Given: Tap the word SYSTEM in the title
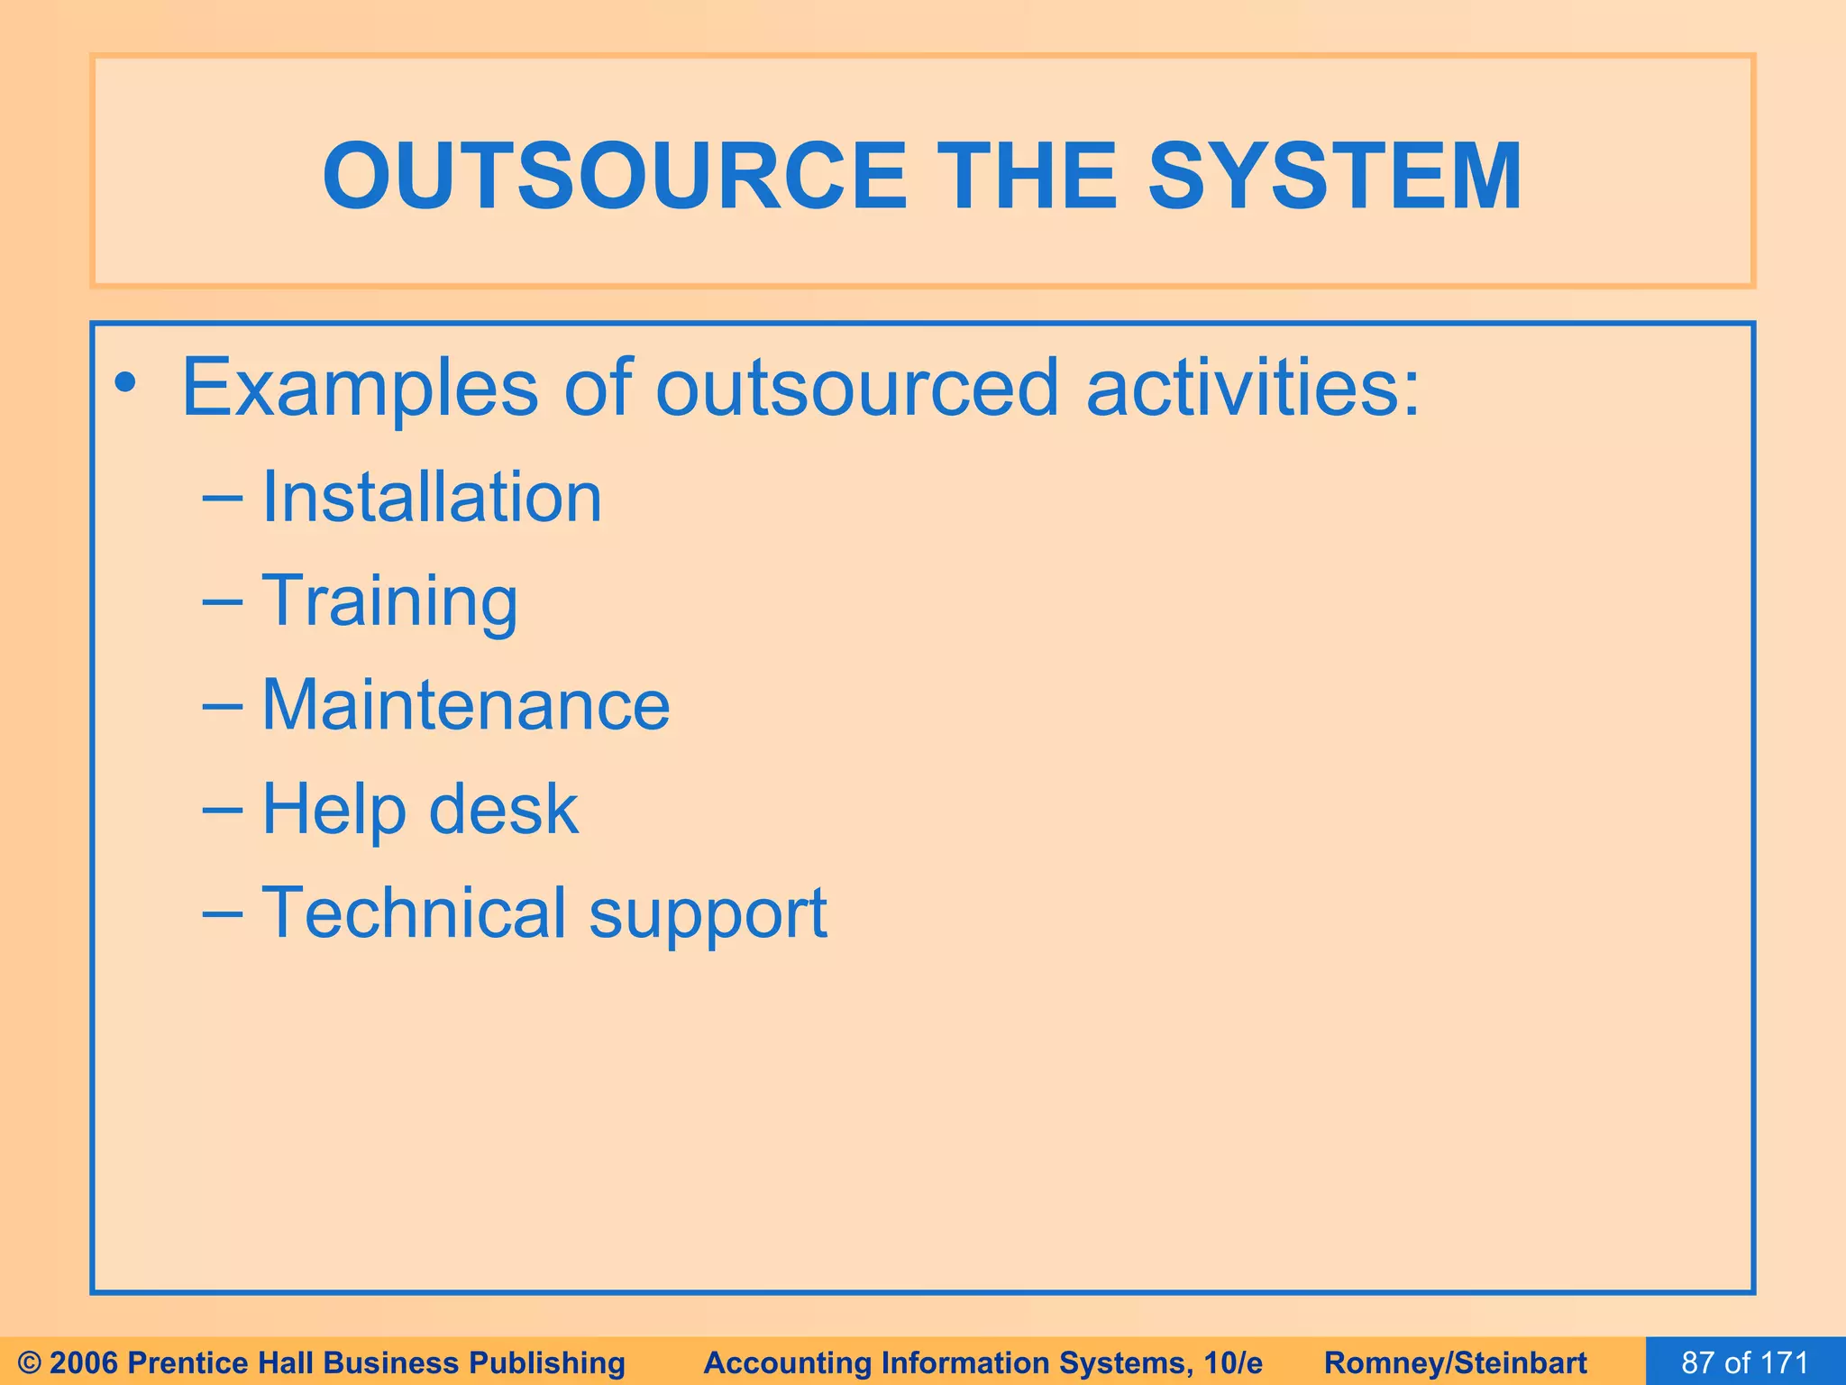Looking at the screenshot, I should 1334,177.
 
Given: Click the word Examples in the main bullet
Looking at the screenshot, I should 360,389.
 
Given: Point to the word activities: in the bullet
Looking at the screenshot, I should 1253,389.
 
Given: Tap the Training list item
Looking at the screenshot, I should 389,601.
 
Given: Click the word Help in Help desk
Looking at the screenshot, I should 334,809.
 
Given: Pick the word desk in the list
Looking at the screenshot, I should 503,809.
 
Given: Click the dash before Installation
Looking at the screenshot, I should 223,499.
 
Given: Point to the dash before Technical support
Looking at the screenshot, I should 223,913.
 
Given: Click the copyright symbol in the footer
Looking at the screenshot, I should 30,1362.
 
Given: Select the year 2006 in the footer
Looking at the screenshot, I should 88,1362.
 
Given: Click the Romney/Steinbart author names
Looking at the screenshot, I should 1456,1362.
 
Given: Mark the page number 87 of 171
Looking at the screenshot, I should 1745,1362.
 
